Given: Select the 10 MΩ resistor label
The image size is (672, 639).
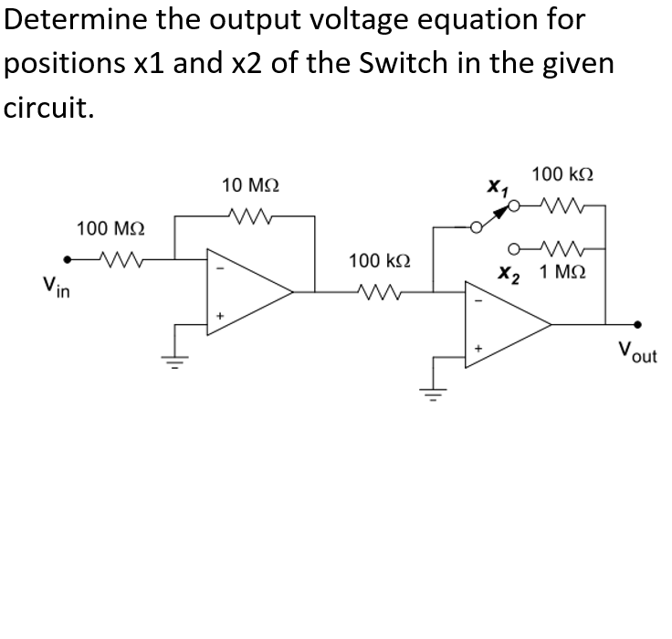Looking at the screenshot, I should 250,185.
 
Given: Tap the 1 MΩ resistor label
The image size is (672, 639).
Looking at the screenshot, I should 562,272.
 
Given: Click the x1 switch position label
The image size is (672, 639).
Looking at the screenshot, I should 497,189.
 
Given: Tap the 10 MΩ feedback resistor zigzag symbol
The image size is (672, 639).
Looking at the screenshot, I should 248,216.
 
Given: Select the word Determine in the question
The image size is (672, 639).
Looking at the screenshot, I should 70,19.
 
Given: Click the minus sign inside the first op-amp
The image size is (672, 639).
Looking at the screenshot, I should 218,268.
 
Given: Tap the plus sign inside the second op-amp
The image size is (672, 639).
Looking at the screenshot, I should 476,348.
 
